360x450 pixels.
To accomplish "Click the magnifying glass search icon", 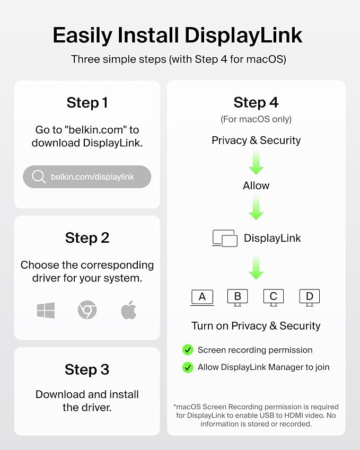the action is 39,176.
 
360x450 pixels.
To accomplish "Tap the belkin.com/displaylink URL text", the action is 92,177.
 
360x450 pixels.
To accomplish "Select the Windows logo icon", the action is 46,310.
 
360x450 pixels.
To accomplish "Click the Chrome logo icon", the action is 87,310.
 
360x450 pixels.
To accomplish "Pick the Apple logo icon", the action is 129,310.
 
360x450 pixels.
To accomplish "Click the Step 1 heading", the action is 87,103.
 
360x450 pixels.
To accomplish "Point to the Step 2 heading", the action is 87,238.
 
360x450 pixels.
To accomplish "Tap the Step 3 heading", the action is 87,369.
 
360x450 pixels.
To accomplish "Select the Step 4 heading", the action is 256,102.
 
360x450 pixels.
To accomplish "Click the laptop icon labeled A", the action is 202,297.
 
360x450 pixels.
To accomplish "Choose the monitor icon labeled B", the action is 238,297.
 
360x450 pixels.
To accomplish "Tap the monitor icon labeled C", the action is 274,297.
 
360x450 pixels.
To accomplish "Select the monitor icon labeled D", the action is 310,297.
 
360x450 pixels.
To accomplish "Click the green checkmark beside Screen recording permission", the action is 188,350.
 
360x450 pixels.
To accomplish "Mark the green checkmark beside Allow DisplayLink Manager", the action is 188,367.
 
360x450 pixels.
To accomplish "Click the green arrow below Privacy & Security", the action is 256,163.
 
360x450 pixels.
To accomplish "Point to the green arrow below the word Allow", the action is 256,208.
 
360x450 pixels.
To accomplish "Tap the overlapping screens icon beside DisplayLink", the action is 225,238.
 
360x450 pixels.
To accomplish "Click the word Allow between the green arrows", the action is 256,186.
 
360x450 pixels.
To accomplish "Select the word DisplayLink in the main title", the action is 243,36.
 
